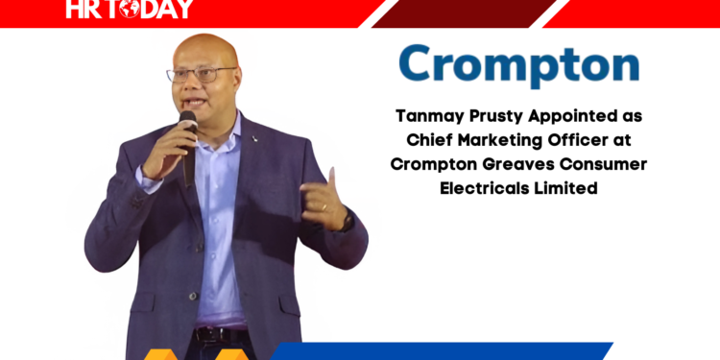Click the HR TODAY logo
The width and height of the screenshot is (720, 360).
pyautogui.click(x=130, y=10)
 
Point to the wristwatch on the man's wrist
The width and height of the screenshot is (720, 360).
pyautogui.click(x=347, y=222)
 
